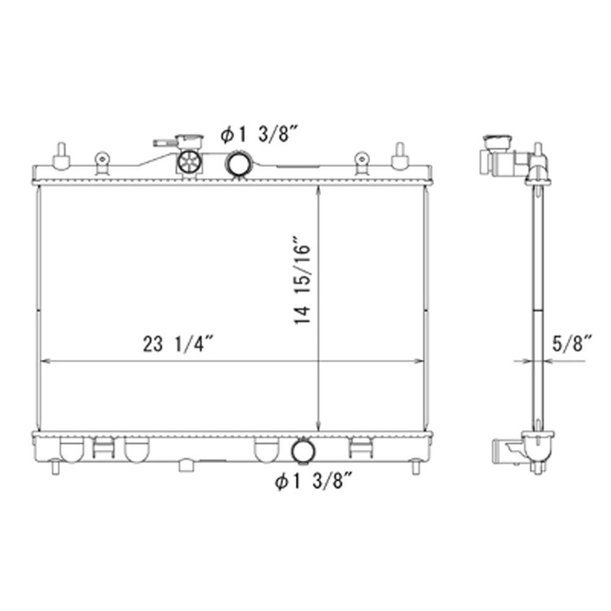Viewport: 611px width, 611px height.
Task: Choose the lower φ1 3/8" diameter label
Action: [314, 483]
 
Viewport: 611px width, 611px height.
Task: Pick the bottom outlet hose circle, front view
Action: [302, 451]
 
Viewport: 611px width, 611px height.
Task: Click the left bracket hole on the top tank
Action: [102, 159]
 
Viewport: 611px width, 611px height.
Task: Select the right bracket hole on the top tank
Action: [362, 159]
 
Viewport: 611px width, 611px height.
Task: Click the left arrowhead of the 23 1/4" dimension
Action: [43, 361]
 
